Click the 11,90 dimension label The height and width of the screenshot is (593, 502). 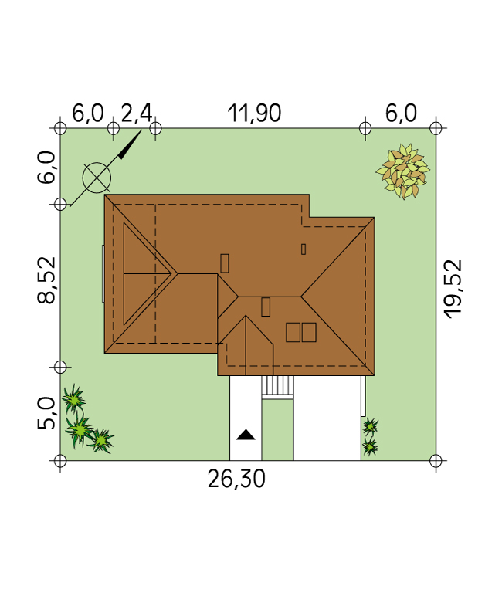pos(254,113)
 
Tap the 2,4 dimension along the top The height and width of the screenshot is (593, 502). pos(137,113)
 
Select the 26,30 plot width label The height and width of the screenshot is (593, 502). pos(236,479)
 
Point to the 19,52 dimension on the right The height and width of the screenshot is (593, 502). pos(453,289)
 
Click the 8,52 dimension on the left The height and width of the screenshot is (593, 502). pos(46,280)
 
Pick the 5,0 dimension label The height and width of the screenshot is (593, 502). pos(46,413)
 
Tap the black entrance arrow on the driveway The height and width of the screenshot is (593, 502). pos(246,435)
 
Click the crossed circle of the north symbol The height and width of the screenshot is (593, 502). pos(97,178)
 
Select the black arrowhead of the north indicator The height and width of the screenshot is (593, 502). pos(127,148)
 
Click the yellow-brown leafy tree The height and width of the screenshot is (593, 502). pos(402,171)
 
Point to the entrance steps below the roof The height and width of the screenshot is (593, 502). pos(278,388)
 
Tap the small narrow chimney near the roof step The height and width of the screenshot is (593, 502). pos(304,249)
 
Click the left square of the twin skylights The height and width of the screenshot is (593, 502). pos(293,333)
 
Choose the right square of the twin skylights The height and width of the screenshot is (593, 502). pos(309,333)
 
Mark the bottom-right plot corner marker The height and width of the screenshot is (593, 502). pos(436,461)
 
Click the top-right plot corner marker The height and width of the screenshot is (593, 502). pos(436,128)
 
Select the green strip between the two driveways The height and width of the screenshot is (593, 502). pos(278,430)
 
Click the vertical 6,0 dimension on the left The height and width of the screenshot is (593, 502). pos(46,168)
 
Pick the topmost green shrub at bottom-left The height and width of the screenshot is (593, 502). pos(74,398)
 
